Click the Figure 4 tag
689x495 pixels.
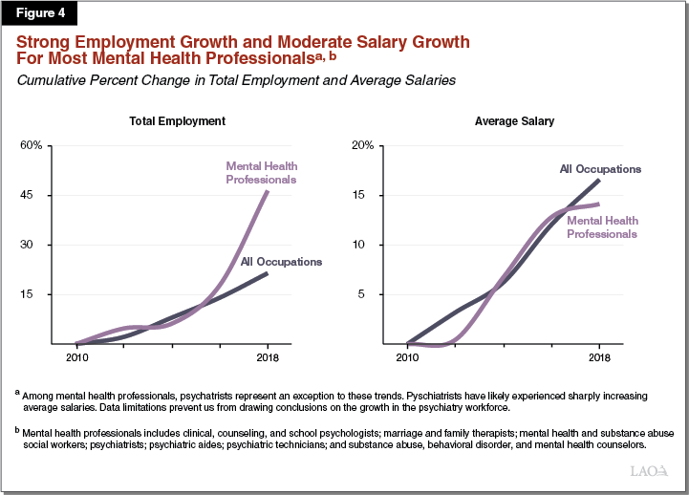[x=39, y=13]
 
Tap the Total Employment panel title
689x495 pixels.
[x=178, y=121]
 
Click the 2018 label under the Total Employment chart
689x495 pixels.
[x=267, y=358]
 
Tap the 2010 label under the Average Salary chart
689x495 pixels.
[x=408, y=358]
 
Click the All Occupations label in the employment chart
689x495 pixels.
[x=281, y=261]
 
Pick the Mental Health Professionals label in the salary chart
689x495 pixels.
[x=601, y=226]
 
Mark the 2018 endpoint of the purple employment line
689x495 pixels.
[x=267, y=192]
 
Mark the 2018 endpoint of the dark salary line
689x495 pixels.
[x=599, y=180]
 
